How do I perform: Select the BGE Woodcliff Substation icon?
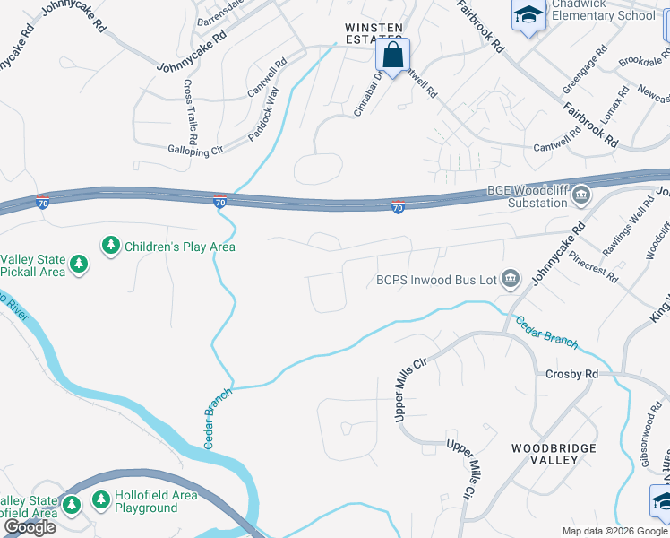coord(581,195)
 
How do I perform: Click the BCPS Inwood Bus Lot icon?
coord(511,280)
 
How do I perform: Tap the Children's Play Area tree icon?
coord(111,246)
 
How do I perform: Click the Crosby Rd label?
coord(571,374)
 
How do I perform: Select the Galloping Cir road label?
coord(194,152)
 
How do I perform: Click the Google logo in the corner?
coord(30,526)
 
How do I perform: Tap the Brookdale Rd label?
coord(641,65)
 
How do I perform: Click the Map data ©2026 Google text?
coord(614,531)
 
